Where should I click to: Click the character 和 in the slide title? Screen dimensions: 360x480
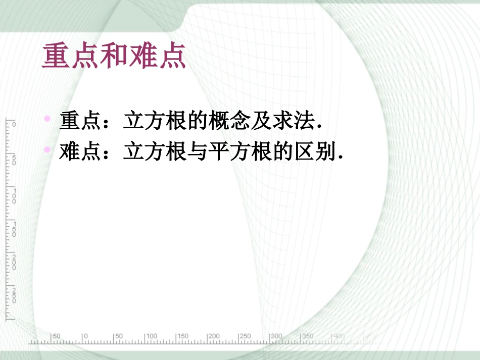pos(114,57)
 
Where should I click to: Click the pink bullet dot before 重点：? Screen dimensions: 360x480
pos(47,119)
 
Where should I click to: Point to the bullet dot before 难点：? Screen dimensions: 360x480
pos(47,149)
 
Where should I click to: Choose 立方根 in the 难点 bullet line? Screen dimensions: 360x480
pos(155,152)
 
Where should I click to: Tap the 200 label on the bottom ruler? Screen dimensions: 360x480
pos(214,336)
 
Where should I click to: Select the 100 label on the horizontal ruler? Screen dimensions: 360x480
pos(151,336)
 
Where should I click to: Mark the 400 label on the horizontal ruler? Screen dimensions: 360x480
pos(339,336)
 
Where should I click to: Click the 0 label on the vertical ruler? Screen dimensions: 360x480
pos(14,124)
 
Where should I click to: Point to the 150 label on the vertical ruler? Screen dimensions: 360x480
pos(14,230)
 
